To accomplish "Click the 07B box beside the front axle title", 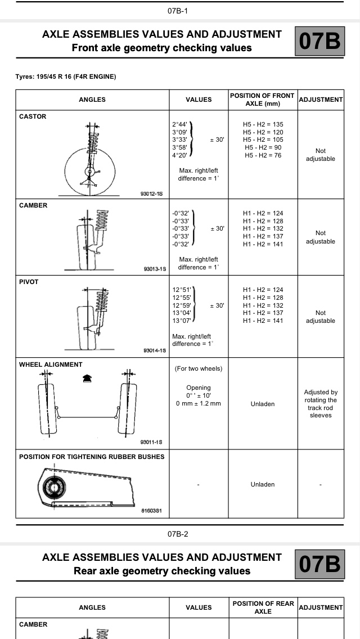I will tap(319, 41).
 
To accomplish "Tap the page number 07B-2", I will tap(178, 534).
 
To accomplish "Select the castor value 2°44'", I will tap(180, 124).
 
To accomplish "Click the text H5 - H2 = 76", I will tap(263, 155).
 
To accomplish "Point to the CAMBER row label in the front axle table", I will tap(33, 205).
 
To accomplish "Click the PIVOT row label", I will tap(29, 282).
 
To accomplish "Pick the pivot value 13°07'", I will tap(182, 321).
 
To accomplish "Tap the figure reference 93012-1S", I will tap(151, 193).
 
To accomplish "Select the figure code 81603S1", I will tap(151, 511).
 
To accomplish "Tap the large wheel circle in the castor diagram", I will tap(90, 172).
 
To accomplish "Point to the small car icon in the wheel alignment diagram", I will tap(86, 380).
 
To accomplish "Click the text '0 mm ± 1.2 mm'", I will tap(199, 403).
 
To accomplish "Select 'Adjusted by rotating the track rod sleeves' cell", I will tap(320, 404).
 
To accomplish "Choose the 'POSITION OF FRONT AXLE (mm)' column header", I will tap(263, 100).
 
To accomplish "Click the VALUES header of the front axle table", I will tap(199, 100).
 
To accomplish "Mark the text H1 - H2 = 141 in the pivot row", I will tap(263, 321).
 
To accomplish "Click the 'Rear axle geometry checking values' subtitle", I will tap(162, 571).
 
